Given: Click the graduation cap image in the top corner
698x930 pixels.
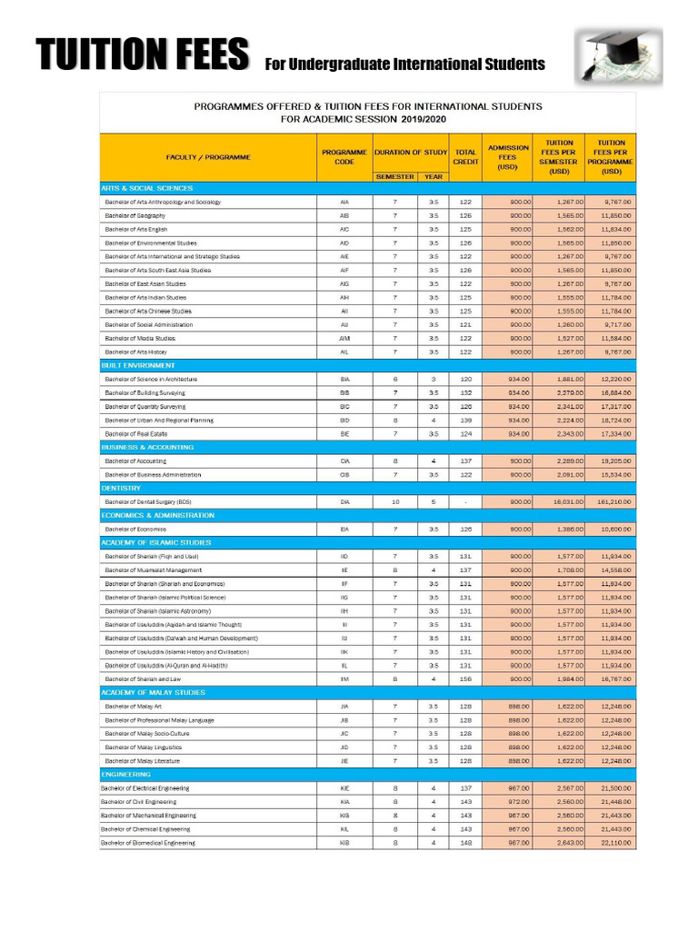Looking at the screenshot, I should click(x=619, y=55).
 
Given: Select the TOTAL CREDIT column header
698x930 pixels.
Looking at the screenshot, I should click(x=466, y=157).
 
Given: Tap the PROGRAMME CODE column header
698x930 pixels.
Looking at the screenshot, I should click(x=344, y=157).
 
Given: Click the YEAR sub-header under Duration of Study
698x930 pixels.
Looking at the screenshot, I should click(x=434, y=177).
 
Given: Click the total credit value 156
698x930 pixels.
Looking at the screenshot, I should click(x=466, y=678).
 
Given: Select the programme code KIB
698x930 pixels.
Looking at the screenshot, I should click(x=344, y=843).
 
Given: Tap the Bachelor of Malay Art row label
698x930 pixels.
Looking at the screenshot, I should click(x=137, y=706).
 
